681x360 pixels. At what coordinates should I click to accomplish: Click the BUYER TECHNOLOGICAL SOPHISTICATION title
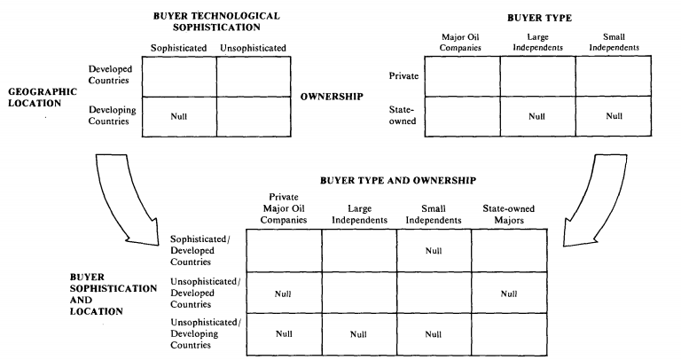coord(216,21)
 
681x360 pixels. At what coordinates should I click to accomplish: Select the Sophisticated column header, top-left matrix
coord(178,48)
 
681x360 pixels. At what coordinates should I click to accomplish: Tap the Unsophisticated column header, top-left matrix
coord(253,48)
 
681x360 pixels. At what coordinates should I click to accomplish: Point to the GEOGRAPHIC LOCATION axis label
coord(43,98)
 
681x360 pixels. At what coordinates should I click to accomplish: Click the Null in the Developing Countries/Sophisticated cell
coord(178,116)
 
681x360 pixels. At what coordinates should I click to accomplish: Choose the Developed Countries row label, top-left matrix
coord(110,74)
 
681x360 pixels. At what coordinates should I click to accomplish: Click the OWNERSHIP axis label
coord(332,97)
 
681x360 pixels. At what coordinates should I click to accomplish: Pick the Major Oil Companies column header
coord(460,43)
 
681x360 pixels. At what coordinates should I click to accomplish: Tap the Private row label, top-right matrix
coord(403,76)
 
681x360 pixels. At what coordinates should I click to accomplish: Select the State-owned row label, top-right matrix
coord(403,115)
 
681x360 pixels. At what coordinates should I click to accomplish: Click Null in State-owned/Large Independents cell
coord(536,116)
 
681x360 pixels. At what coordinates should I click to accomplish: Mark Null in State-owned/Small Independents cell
coord(614,116)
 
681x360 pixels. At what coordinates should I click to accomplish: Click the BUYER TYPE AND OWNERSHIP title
coord(398,180)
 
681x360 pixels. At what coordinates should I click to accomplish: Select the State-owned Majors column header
coord(509,214)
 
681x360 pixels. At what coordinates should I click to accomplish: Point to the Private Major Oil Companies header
coord(284,208)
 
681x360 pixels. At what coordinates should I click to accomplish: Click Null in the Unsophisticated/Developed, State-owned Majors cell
coord(509,294)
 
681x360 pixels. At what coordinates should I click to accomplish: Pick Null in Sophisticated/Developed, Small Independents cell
coord(434,251)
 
